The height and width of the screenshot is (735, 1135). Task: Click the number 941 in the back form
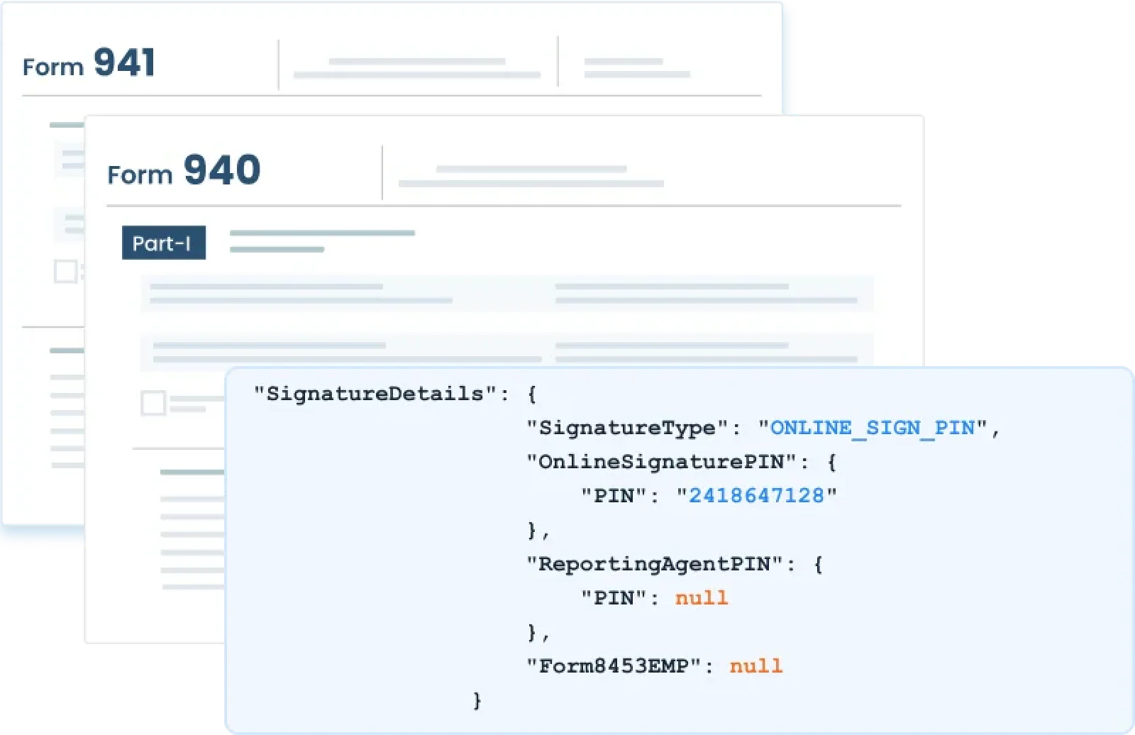click(x=124, y=62)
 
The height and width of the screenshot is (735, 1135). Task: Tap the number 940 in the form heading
click(x=222, y=170)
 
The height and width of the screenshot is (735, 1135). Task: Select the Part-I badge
click(x=163, y=243)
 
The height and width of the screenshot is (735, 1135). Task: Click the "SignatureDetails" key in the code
click(x=376, y=394)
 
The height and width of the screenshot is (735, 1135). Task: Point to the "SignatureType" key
click(x=629, y=428)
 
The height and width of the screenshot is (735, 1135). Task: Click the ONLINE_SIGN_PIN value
click(x=872, y=428)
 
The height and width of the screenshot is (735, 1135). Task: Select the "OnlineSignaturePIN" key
click(x=663, y=462)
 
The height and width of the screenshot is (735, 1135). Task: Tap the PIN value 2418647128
click(x=756, y=496)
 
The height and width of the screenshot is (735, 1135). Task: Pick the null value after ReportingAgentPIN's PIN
click(x=702, y=598)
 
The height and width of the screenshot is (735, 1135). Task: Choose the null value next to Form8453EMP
click(x=756, y=666)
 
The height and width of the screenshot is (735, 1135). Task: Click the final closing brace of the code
click(x=477, y=701)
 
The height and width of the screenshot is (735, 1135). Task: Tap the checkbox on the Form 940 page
click(x=153, y=403)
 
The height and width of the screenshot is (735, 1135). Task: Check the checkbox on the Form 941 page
click(x=65, y=271)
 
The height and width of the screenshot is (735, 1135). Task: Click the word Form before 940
click(x=140, y=174)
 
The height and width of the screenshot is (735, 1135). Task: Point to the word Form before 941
click(x=53, y=67)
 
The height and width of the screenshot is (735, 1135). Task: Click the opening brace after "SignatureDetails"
click(x=532, y=394)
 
